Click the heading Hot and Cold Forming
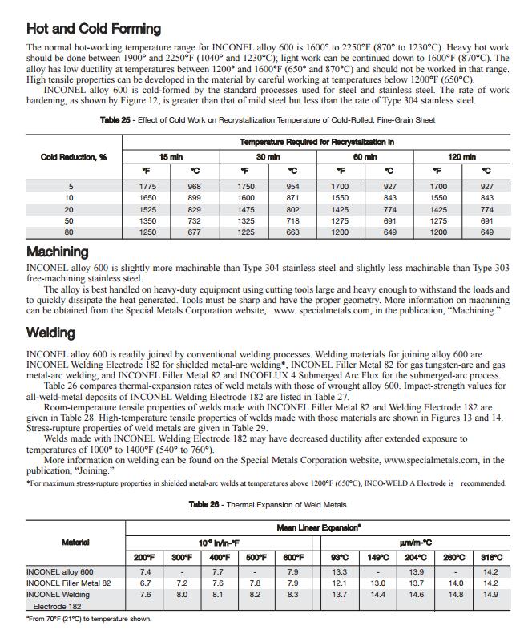click(x=94, y=29)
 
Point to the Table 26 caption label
click(x=204, y=505)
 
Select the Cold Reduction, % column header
click(x=74, y=157)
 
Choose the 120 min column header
click(x=461, y=157)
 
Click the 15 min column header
click(x=170, y=157)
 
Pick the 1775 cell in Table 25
click(x=147, y=186)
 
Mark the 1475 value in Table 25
click(x=246, y=209)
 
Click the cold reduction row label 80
click(x=70, y=232)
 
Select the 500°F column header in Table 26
click(x=256, y=557)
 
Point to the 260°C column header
click(x=453, y=557)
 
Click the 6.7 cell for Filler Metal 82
click(x=145, y=583)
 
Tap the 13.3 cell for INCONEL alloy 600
click(x=340, y=572)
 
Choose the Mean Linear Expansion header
click(x=318, y=528)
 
